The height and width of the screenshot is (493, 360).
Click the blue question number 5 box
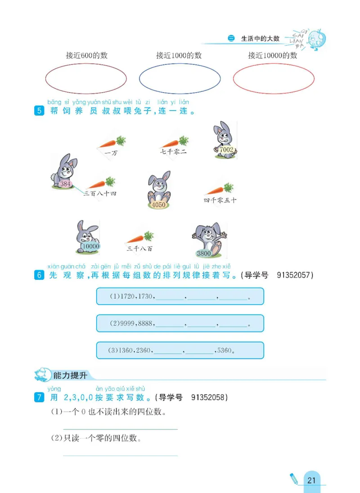[x=39, y=111]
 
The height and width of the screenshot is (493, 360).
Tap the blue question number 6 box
[x=39, y=275]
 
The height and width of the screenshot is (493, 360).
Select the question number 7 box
[x=39, y=397]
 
